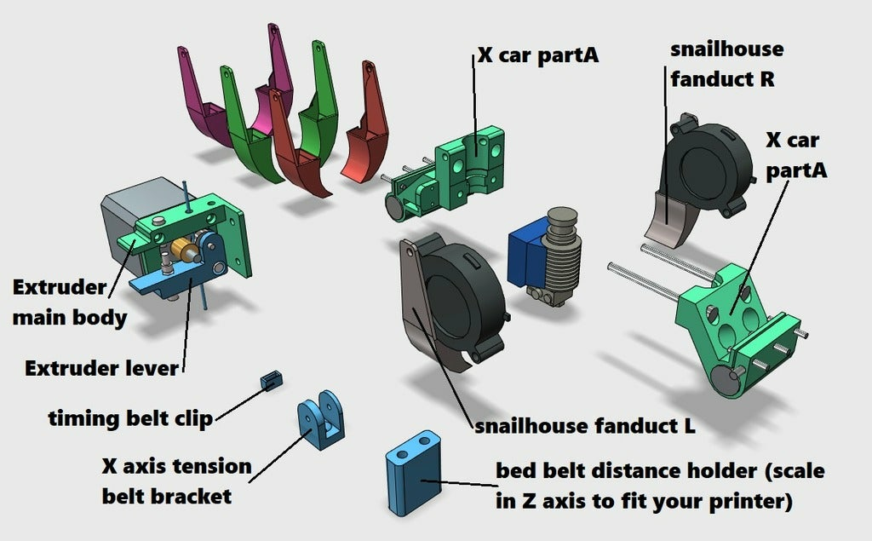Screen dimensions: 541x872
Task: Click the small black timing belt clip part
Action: [x=272, y=380]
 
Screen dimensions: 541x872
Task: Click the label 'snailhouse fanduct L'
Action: [x=585, y=425]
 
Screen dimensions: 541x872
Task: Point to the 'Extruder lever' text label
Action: [x=102, y=369]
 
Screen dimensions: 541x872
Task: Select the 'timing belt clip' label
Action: [x=130, y=418]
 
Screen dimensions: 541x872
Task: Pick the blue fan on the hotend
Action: [x=523, y=253]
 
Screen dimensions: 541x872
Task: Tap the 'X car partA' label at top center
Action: [x=537, y=56]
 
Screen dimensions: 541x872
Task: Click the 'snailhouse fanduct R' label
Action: [x=726, y=64]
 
